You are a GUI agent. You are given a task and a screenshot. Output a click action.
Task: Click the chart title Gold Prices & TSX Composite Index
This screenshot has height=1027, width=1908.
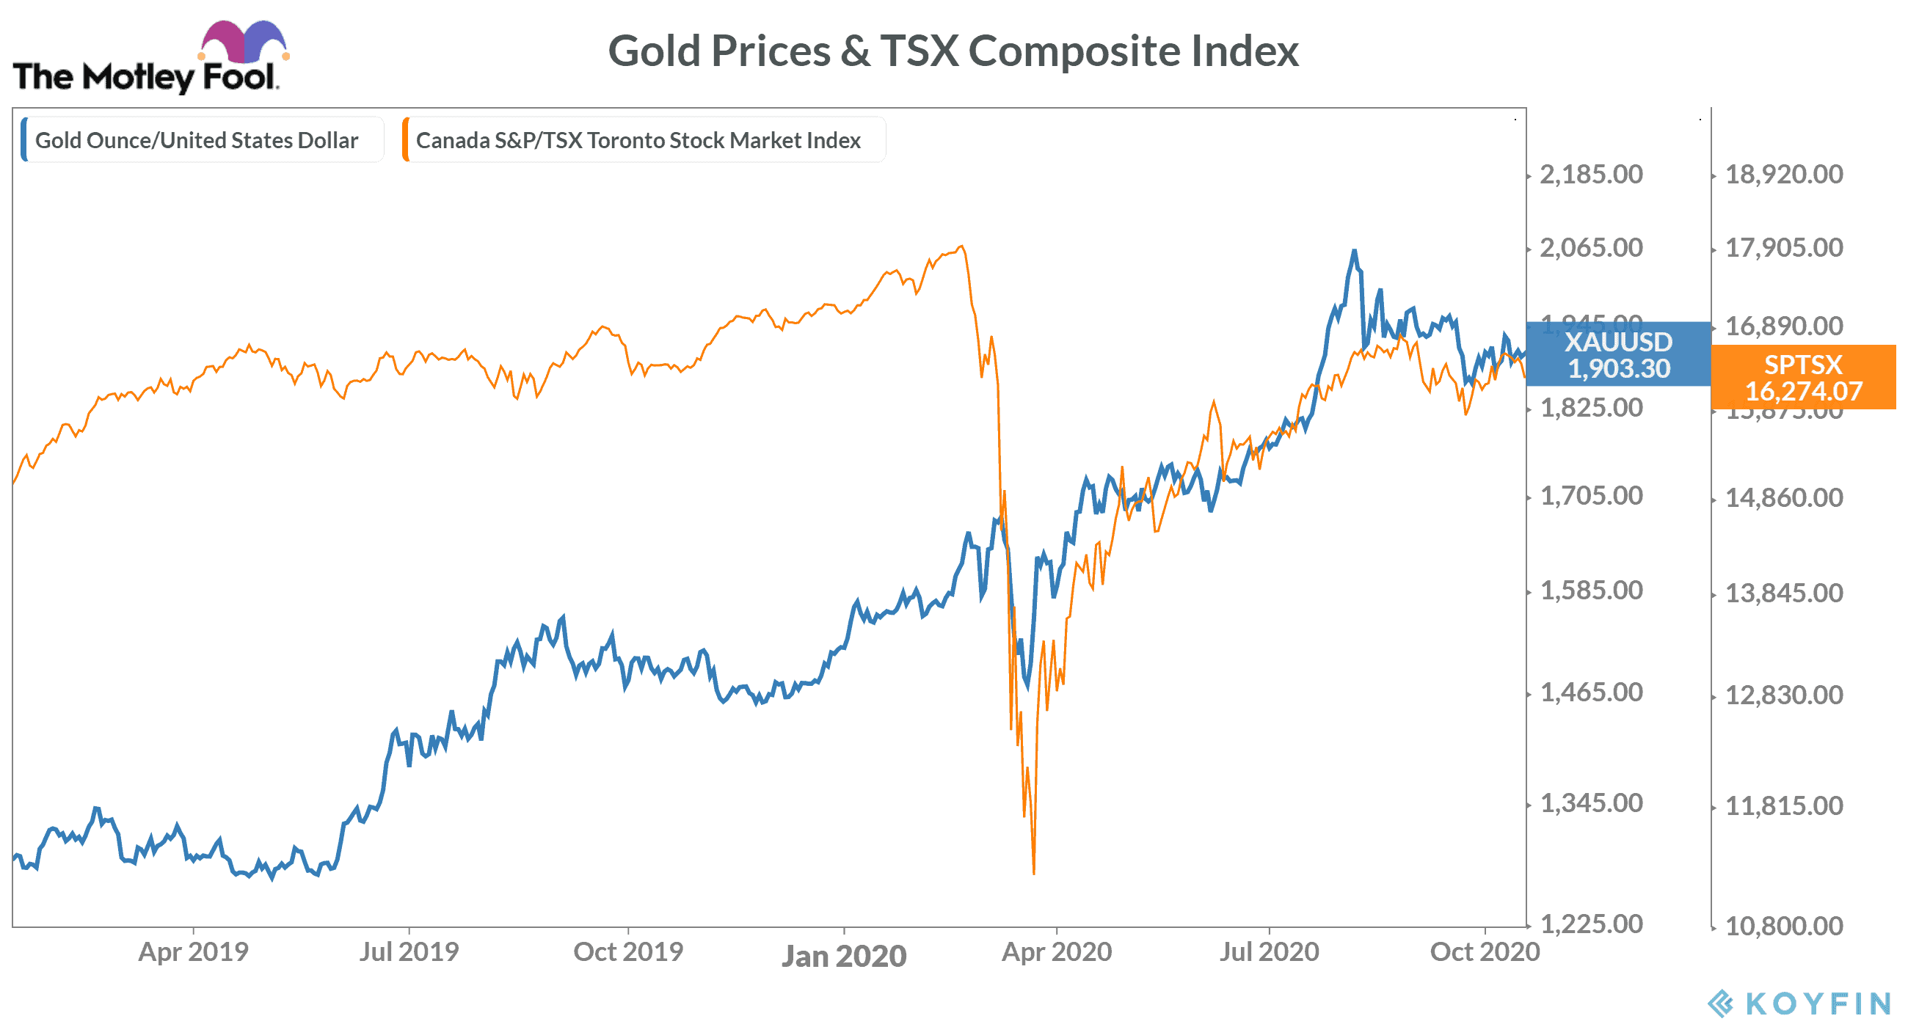(x=953, y=51)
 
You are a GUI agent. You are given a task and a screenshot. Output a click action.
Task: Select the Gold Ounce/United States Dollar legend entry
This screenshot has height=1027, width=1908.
(x=196, y=140)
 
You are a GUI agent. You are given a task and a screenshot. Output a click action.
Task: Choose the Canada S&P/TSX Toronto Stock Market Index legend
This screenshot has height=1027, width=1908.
(x=638, y=140)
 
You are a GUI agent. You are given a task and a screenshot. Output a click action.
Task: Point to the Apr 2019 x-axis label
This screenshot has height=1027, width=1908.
(x=193, y=951)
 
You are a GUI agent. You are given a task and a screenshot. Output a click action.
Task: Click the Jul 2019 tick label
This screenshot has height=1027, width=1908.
(x=409, y=951)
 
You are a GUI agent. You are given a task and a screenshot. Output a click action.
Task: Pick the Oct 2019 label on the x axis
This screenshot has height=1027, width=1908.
(x=628, y=951)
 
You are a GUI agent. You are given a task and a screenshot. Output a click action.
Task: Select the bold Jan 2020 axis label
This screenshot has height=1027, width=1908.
(x=844, y=956)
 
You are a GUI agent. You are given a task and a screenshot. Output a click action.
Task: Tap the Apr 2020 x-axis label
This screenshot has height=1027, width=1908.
(x=1056, y=951)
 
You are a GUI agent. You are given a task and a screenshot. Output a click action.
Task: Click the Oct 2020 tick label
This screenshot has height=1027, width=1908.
(x=1485, y=951)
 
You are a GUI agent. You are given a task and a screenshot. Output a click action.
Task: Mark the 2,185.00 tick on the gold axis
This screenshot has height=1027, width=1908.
(x=1591, y=175)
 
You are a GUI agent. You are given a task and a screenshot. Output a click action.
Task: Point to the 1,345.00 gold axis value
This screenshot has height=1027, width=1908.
(x=1591, y=803)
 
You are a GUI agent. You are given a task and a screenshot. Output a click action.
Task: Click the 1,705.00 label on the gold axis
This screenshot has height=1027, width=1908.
(x=1591, y=495)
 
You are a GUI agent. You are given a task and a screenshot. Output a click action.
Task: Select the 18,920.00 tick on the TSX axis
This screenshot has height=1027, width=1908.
(x=1783, y=175)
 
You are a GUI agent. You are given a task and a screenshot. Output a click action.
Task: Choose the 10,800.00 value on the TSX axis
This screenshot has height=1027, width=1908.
(x=1783, y=926)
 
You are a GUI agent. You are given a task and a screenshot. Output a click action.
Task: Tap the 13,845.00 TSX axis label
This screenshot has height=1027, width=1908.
(x=1783, y=593)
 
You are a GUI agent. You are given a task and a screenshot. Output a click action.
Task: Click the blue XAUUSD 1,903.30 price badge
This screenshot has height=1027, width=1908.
(x=1618, y=354)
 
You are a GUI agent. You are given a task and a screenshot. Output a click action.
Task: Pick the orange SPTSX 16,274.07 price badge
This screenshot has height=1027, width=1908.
(x=1803, y=378)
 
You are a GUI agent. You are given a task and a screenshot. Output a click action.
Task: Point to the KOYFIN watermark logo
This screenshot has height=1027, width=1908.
(x=1800, y=1004)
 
